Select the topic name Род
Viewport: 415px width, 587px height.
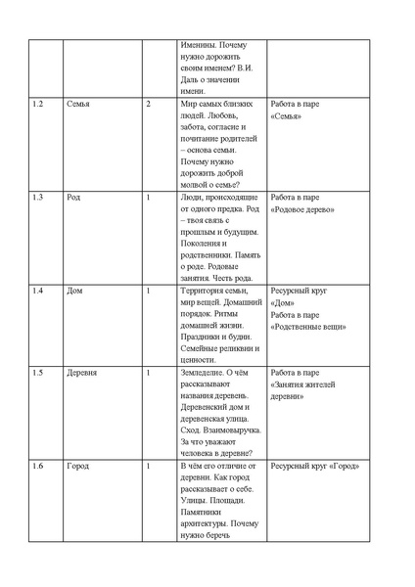(74, 198)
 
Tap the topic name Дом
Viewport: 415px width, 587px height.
(75, 292)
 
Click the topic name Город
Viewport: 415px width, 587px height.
(78, 468)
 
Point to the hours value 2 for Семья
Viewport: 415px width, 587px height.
(148, 104)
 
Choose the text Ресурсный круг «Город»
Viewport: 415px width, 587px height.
(317, 468)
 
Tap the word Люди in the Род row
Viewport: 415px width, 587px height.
(194, 198)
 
